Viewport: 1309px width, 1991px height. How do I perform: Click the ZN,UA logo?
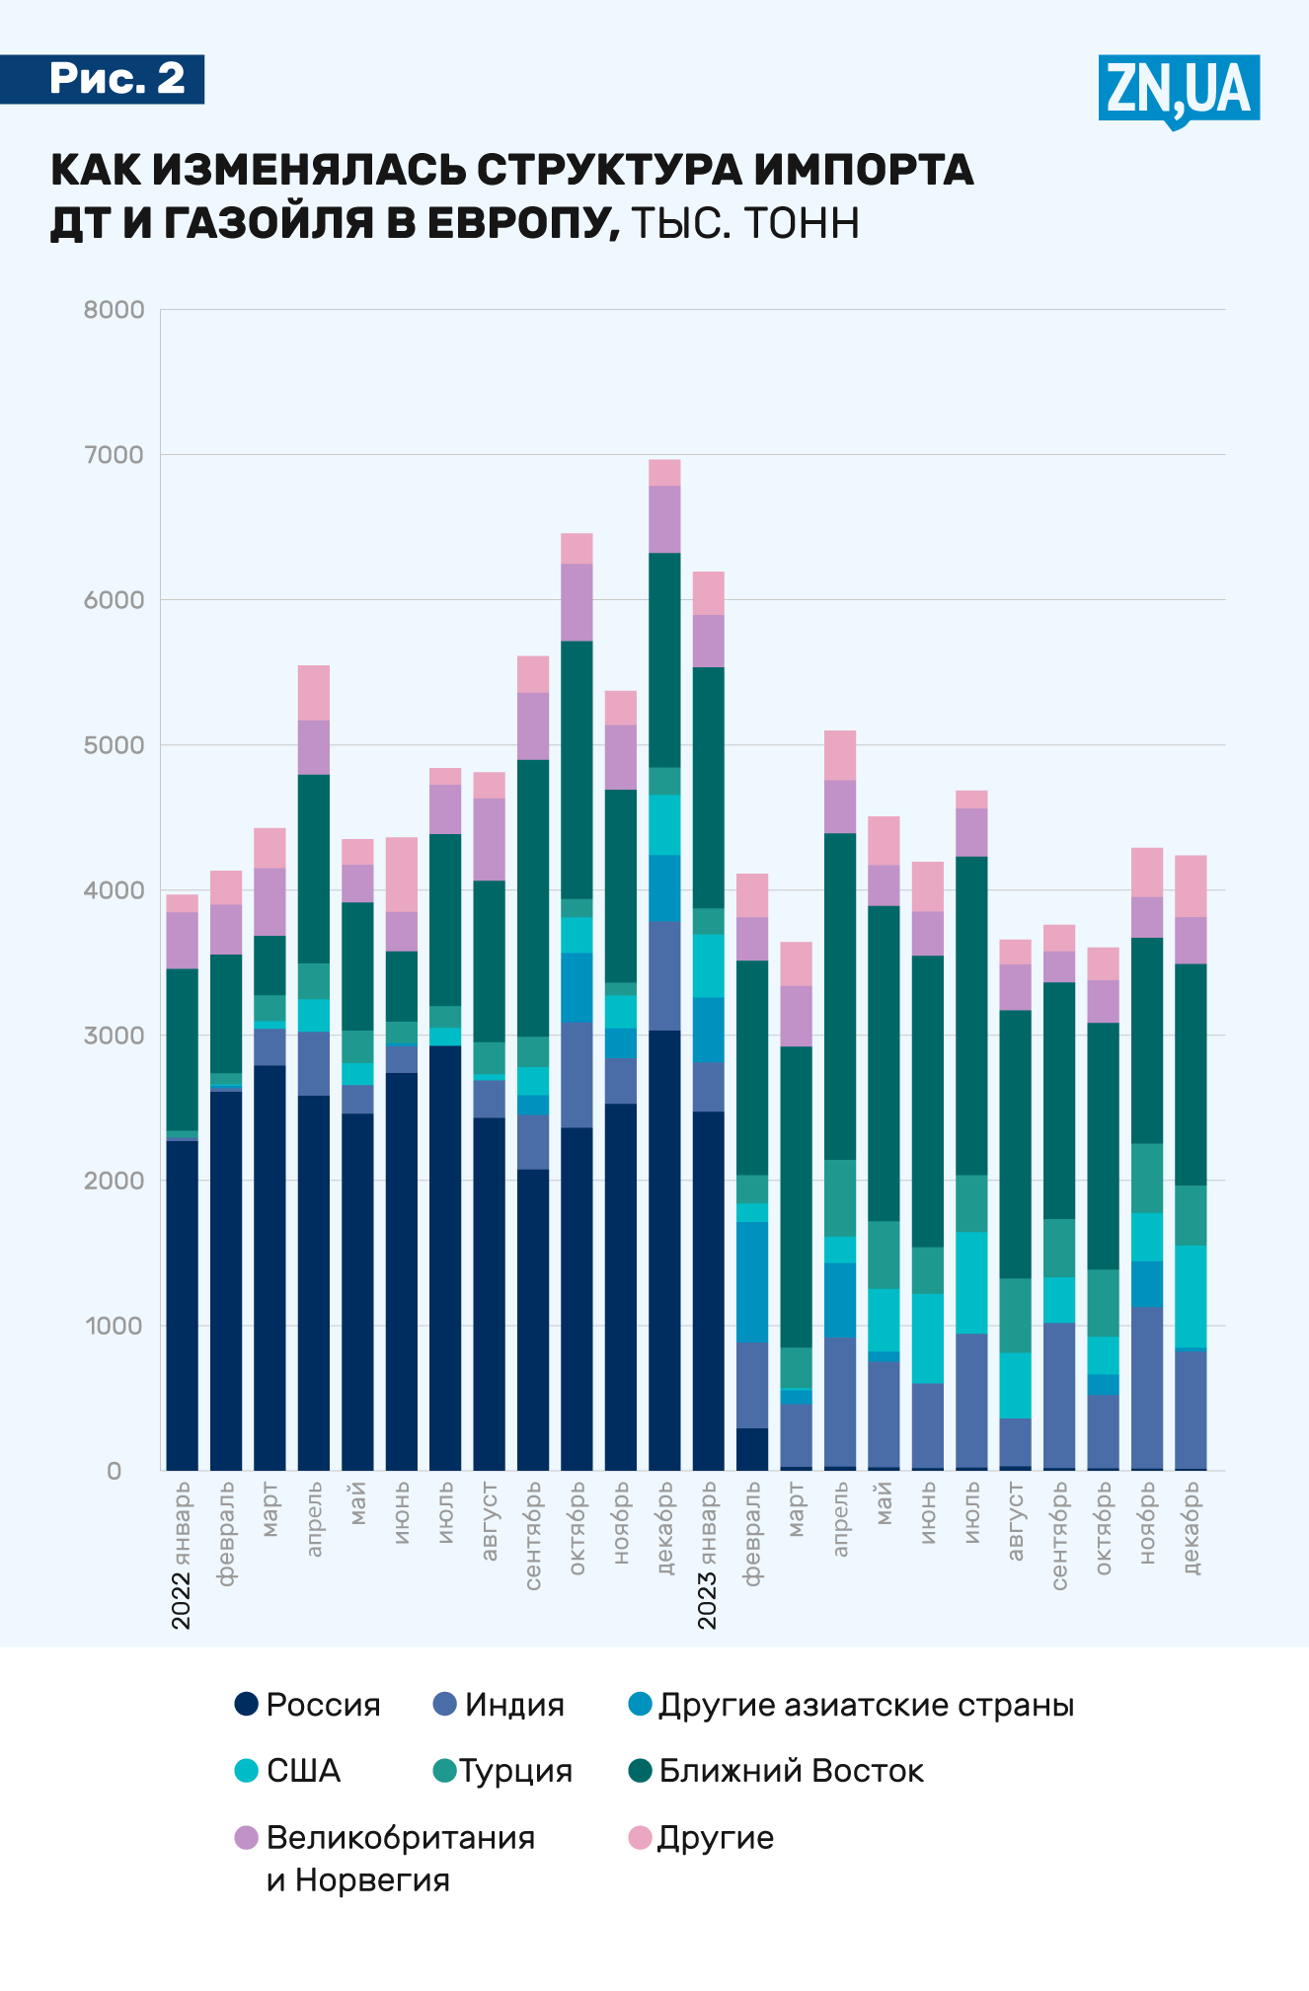tap(1178, 90)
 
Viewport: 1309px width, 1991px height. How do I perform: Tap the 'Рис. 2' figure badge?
tap(117, 79)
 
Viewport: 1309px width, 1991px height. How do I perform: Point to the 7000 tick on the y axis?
tap(114, 455)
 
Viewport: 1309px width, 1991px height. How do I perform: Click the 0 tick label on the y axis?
tap(115, 1471)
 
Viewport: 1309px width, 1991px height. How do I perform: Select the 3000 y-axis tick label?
tap(114, 1035)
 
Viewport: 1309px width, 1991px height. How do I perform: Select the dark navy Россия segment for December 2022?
tap(664, 1250)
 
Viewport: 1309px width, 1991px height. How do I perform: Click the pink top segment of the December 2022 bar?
tap(664, 472)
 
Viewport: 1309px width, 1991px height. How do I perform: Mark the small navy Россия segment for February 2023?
tap(752, 1449)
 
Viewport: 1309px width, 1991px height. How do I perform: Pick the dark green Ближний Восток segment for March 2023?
tap(796, 1196)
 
